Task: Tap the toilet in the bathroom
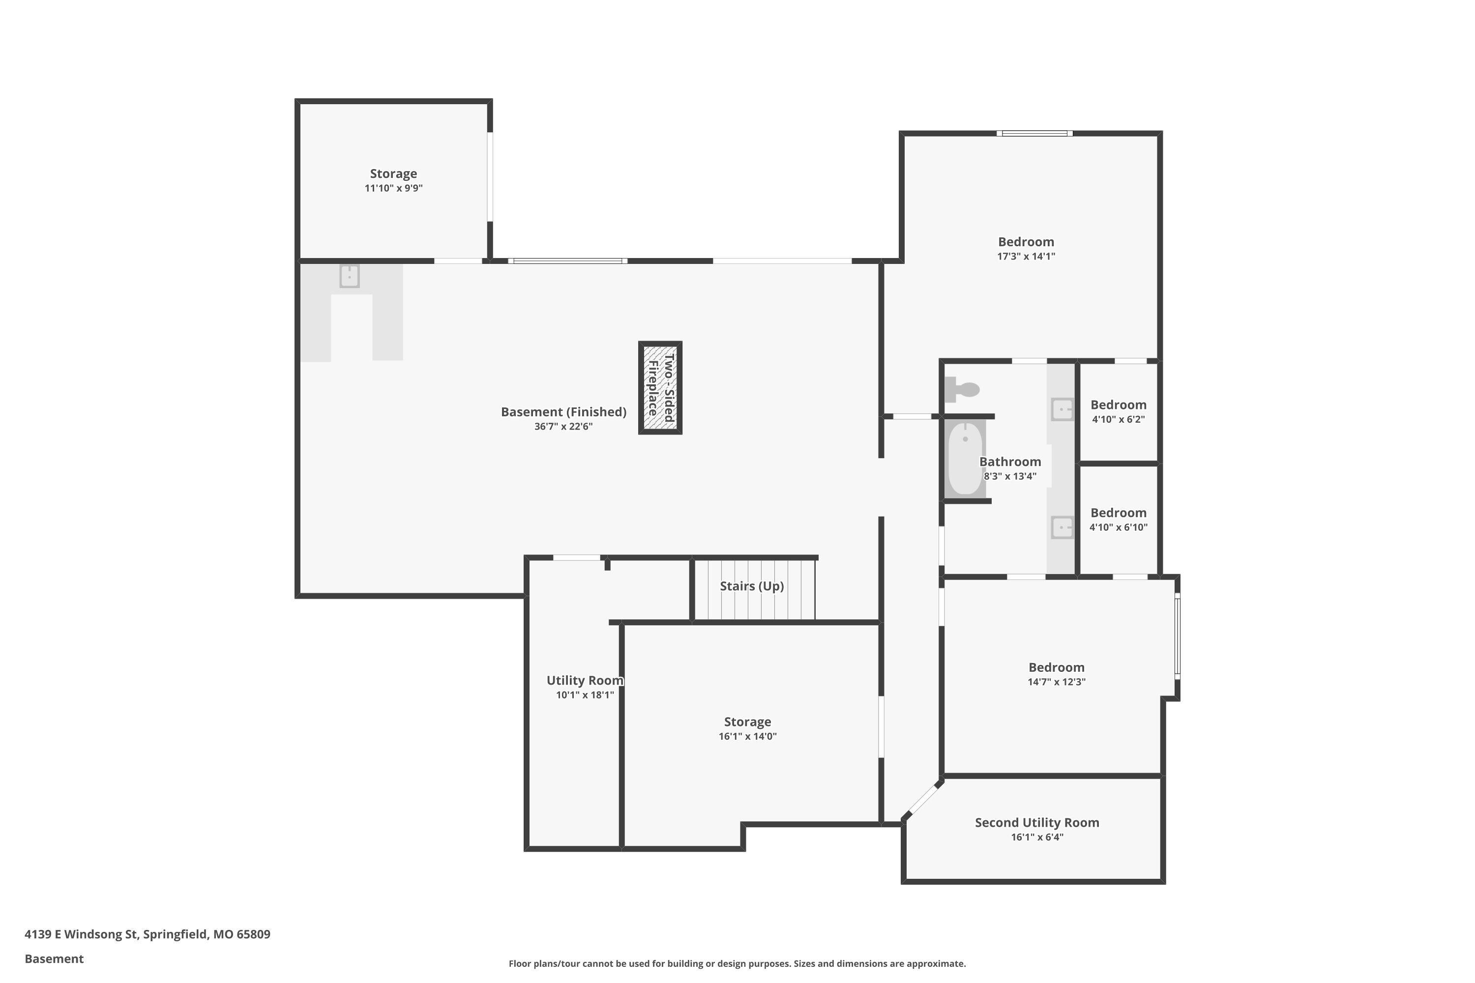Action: [963, 389]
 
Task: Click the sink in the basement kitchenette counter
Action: [349, 276]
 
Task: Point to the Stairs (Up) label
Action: [752, 586]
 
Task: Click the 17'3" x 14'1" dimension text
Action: [1026, 257]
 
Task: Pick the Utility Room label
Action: [585, 681]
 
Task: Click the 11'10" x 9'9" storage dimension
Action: [393, 189]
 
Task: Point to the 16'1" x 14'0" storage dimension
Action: [747, 737]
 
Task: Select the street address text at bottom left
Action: [147, 934]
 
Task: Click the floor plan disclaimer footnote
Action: [737, 963]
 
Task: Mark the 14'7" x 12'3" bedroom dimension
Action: [1056, 682]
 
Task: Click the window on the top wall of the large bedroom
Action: [1035, 134]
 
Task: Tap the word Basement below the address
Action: [54, 959]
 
